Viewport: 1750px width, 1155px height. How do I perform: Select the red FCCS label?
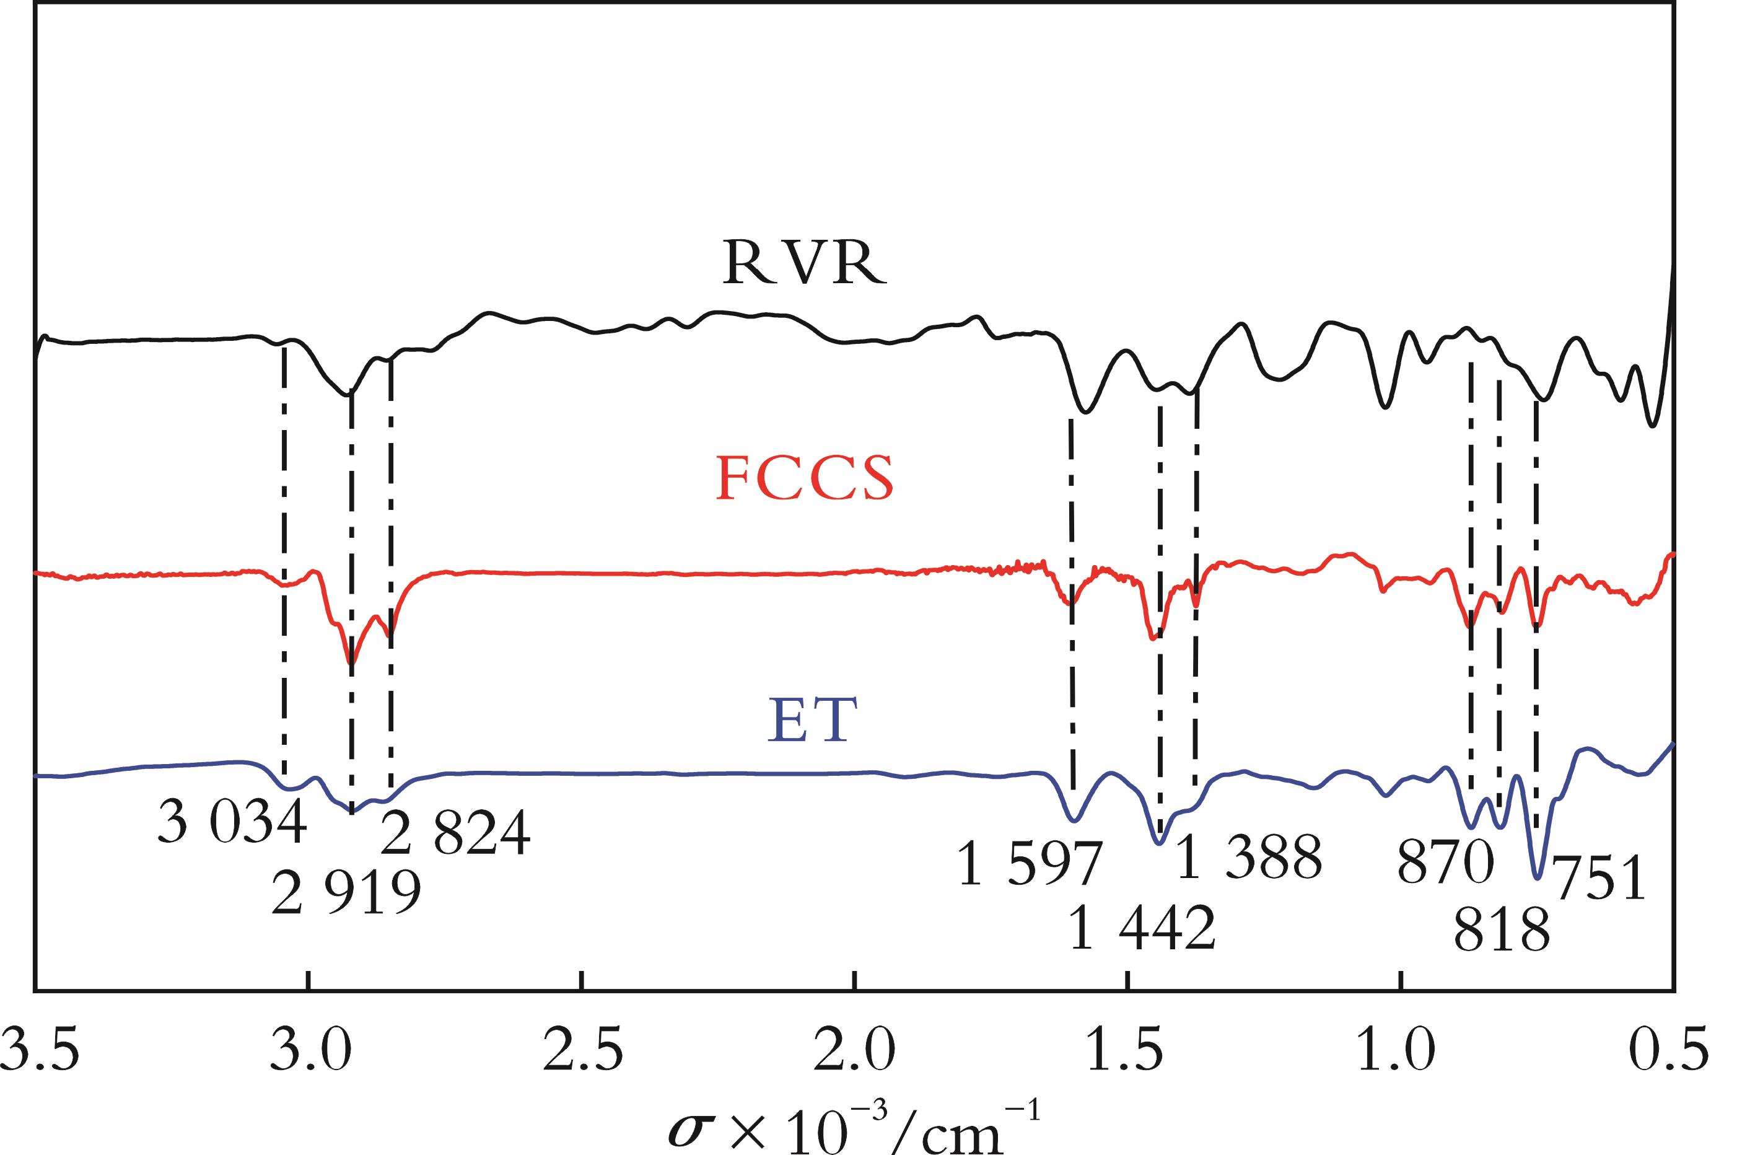point(805,478)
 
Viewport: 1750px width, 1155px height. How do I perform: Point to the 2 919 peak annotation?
point(346,893)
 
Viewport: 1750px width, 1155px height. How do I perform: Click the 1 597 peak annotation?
point(1029,863)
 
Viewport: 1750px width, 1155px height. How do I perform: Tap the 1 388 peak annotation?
point(1249,858)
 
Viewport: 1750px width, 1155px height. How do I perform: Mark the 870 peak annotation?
point(1445,863)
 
